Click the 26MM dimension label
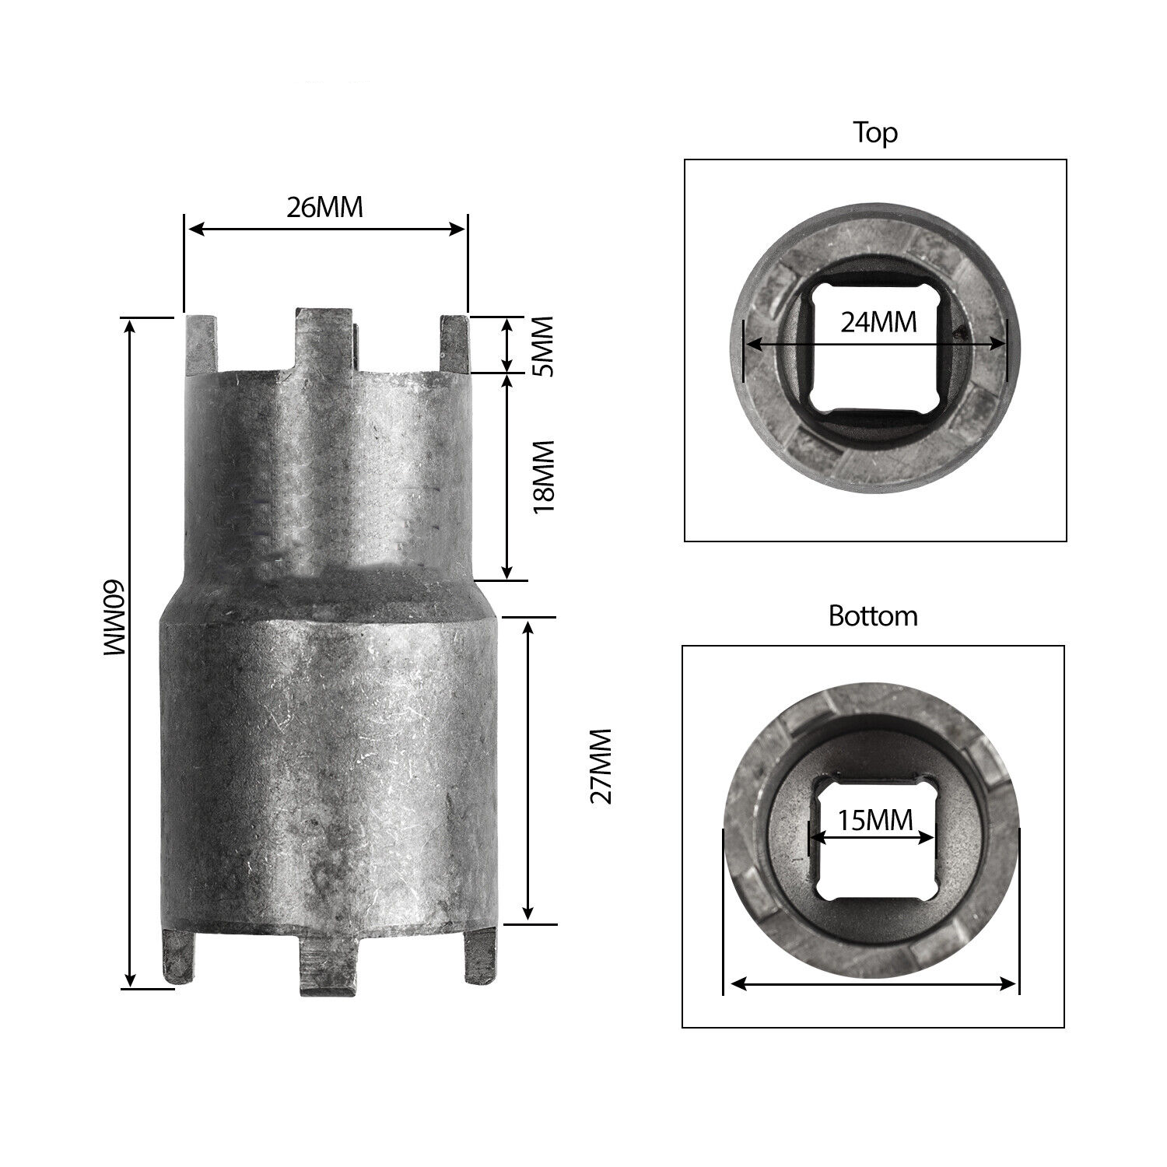tap(324, 208)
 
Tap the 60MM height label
tap(110, 619)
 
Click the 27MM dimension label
tap(601, 766)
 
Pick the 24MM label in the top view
tap(878, 321)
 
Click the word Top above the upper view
tap(875, 132)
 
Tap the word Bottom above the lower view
tap(873, 616)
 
